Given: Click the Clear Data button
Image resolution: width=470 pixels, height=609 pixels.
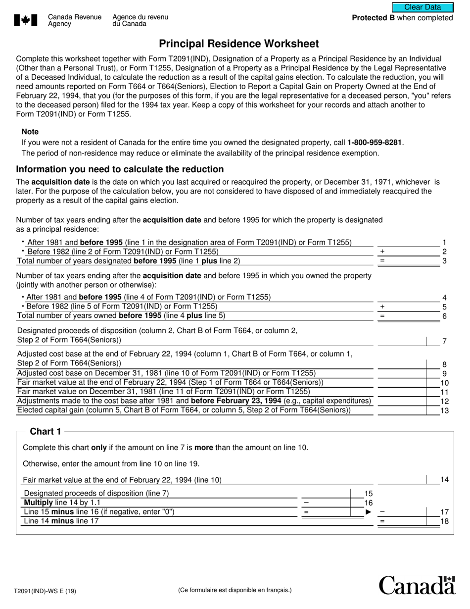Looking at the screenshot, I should coord(423,7).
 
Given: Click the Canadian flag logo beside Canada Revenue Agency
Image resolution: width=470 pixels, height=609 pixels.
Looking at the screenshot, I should coord(26,20).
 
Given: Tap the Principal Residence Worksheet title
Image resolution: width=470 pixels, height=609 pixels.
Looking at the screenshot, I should coord(239,44).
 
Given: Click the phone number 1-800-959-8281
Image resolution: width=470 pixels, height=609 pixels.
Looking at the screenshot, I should coord(375,143).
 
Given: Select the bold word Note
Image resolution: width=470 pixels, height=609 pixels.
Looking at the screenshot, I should coord(30,132).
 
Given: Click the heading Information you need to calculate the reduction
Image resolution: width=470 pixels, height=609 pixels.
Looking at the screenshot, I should coord(120,169).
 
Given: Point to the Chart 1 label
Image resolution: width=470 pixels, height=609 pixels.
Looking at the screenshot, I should coord(46,431).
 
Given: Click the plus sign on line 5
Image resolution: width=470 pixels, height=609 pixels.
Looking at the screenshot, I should coord(382,306).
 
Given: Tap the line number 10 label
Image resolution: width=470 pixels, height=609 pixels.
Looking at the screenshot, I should coord(444,383).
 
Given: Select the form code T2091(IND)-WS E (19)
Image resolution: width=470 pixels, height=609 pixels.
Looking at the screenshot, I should coord(45,591).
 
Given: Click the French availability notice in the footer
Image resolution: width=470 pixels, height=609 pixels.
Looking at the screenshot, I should coord(235,590).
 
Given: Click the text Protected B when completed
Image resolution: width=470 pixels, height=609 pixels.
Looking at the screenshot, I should coord(402,18).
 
